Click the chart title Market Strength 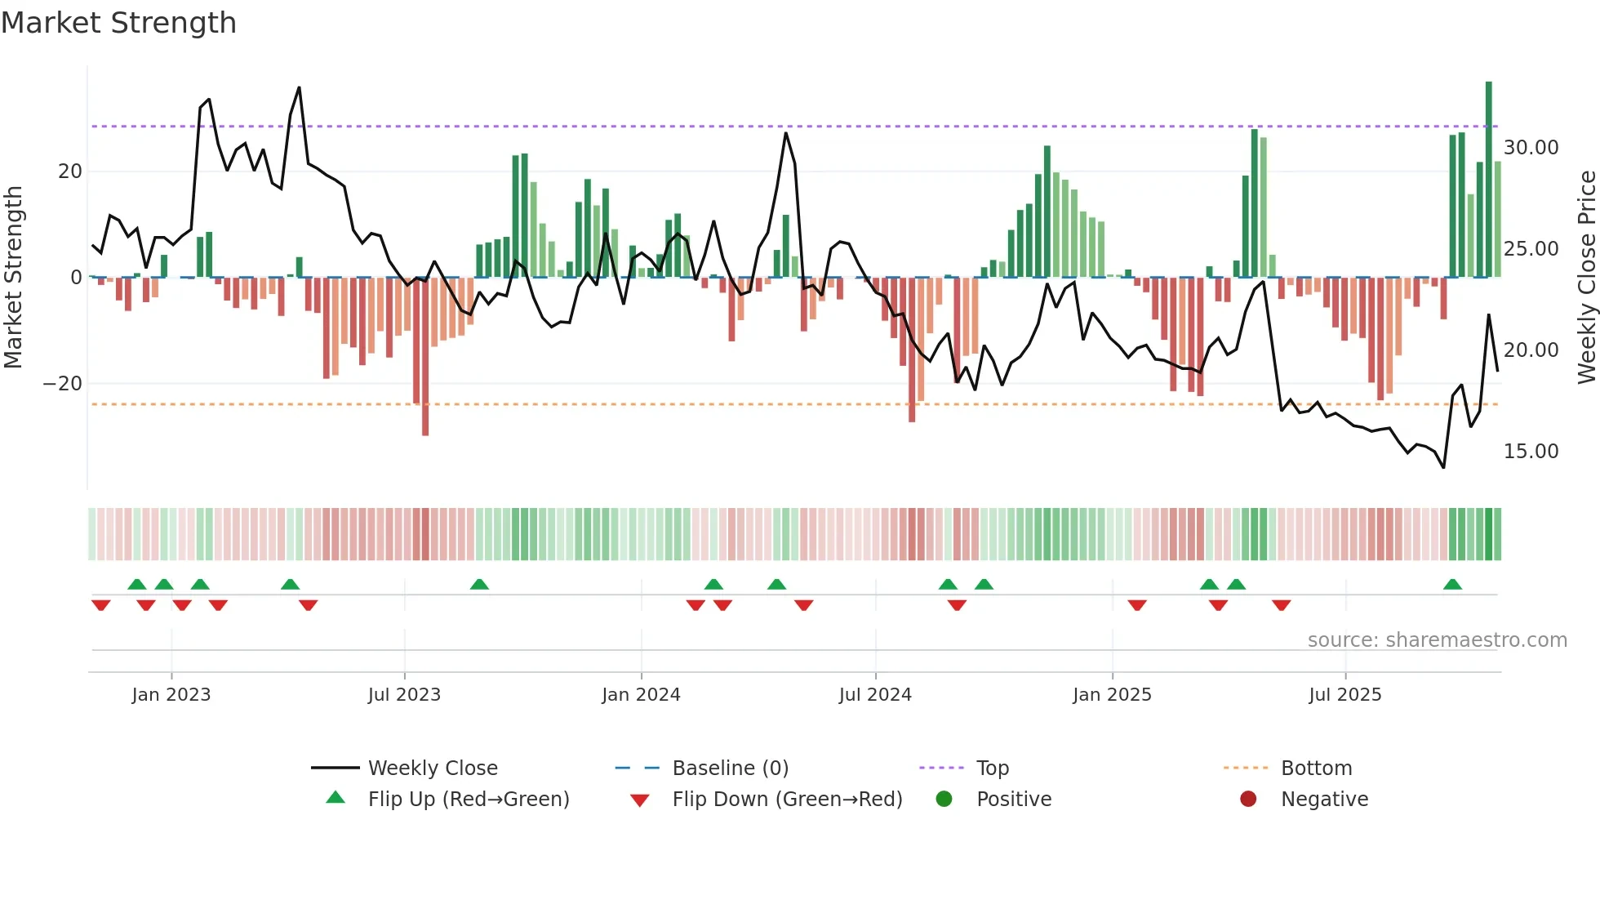118,23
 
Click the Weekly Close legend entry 432,768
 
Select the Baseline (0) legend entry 730,768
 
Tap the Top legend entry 992,768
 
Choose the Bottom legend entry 1315,768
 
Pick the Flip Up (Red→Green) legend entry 468,799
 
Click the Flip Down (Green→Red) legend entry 786,799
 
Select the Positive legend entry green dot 944,799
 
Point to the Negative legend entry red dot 1248,799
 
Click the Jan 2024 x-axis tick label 641,694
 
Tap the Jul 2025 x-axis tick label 1344,694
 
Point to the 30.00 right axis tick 1531,148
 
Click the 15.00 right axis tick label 1531,452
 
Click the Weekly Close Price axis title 1586,278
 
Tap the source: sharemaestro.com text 1437,640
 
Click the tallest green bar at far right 1488,180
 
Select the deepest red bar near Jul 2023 425,359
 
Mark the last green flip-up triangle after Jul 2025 1452,584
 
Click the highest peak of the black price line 299,87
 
